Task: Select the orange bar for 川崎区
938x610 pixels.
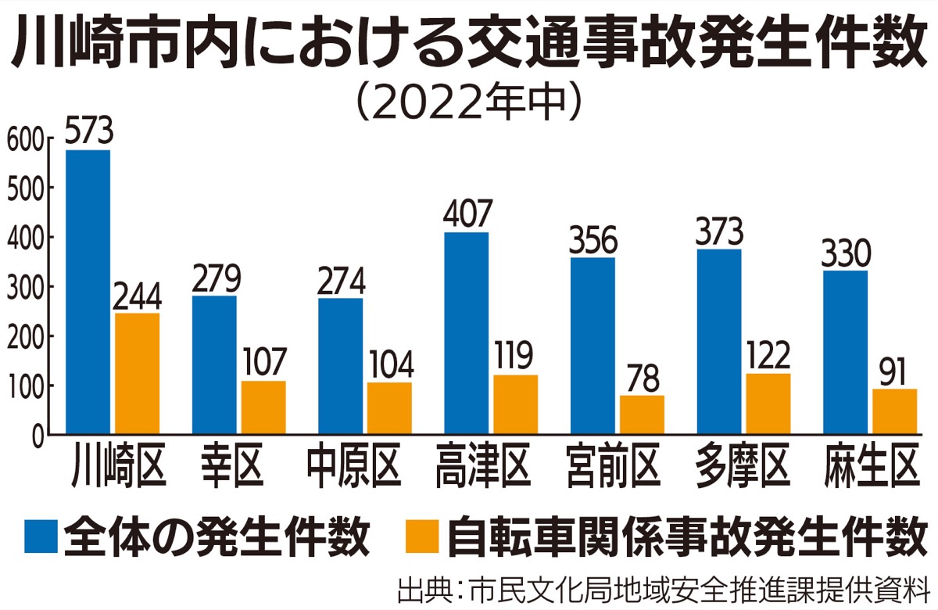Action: [x=137, y=373]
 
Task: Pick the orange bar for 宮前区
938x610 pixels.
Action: [x=642, y=414]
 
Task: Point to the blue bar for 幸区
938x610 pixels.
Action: [x=214, y=364]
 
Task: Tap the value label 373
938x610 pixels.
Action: [x=718, y=231]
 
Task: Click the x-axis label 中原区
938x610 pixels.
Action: [x=353, y=468]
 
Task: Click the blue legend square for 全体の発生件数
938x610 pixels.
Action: [x=34, y=537]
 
